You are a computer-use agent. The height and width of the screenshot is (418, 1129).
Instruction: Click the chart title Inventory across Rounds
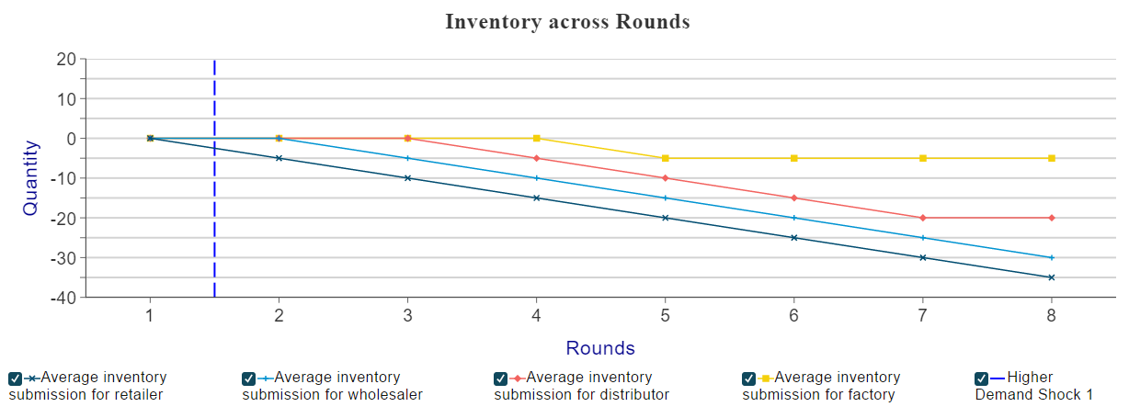[567, 22]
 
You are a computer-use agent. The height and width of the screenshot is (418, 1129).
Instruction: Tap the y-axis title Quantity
[30, 178]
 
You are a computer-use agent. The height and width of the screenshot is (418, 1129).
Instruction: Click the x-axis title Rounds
[600, 348]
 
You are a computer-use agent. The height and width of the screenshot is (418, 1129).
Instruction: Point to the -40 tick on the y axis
[63, 298]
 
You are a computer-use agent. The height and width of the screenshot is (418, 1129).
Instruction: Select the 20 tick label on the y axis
[66, 60]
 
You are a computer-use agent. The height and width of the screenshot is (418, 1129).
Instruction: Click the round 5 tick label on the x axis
[666, 316]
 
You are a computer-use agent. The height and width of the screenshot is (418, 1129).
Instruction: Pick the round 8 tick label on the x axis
[1052, 316]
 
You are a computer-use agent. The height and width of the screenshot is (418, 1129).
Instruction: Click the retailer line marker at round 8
[1052, 277]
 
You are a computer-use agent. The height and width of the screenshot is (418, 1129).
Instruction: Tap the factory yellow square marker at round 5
[666, 158]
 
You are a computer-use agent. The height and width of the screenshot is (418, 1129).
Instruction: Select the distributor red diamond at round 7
[923, 218]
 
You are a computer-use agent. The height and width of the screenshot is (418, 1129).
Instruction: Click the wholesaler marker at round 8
[1052, 258]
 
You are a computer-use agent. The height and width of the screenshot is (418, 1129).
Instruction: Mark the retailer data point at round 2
[279, 158]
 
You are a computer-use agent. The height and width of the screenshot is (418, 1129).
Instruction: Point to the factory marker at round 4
[537, 138]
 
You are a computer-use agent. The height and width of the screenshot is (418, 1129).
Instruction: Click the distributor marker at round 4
[537, 158]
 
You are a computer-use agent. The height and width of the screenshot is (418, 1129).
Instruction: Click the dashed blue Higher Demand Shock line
[214, 178]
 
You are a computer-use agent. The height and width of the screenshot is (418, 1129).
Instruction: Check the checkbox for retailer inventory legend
[15, 378]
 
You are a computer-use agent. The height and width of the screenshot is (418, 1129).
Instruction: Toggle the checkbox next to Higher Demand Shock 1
[981, 378]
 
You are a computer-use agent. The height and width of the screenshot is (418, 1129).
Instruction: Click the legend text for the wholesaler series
[333, 386]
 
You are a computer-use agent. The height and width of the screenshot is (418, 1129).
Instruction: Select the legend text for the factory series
[821, 386]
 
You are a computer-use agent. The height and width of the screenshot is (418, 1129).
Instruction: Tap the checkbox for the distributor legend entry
[500, 378]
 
